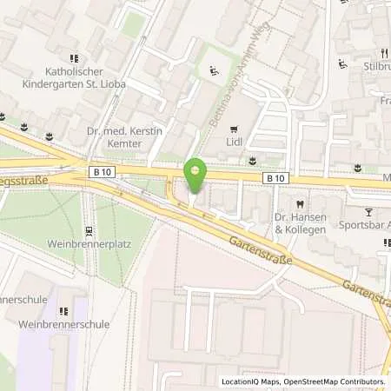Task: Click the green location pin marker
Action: (195, 175)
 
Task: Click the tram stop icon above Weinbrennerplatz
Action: (89, 231)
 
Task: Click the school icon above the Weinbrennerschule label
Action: (63, 310)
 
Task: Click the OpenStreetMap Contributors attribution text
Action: (335, 381)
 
